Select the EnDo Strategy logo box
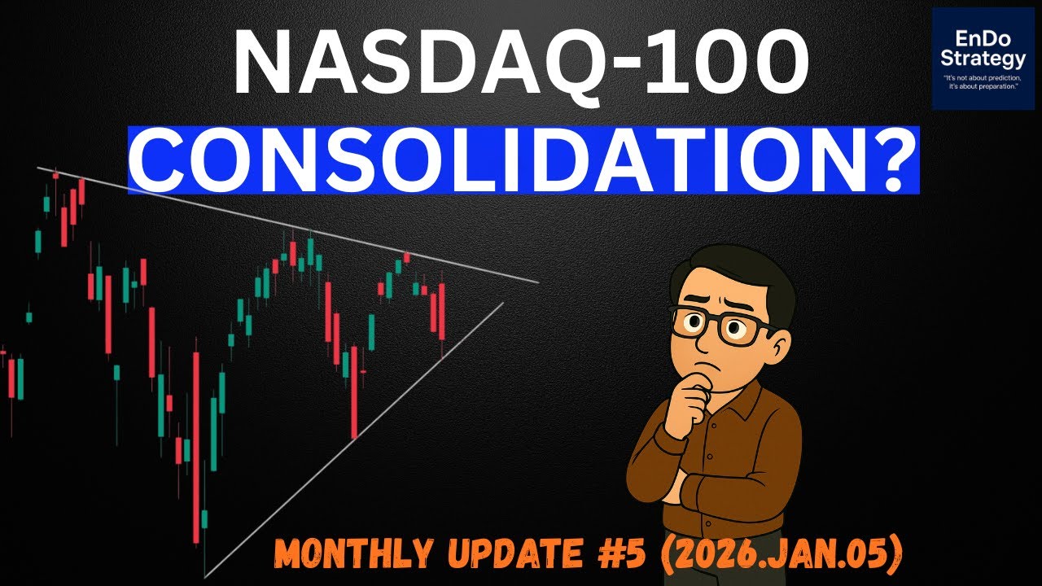983,59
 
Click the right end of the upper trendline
537,282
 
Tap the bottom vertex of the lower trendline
204,577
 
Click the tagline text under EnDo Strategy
983,81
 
